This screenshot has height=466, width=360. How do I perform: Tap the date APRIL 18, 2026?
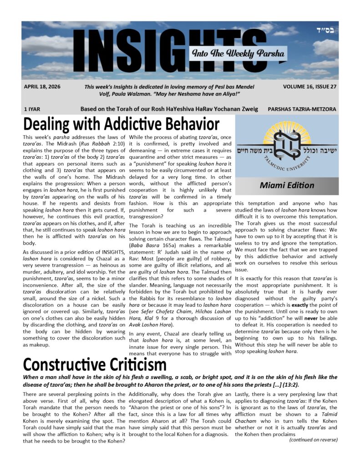point(42,86)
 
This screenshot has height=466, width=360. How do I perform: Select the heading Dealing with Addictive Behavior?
point(122,124)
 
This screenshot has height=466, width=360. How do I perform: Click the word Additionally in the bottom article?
point(149,394)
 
